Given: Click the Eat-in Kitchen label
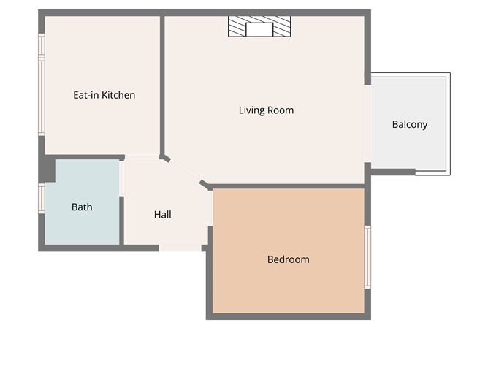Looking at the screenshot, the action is [104, 95].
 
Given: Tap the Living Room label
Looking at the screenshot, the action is [266, 110].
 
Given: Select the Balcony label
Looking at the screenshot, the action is [410, 124].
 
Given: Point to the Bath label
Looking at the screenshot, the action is [82, 207].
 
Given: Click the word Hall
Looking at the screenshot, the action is [162, 215].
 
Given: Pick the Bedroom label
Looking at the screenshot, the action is [289, 259].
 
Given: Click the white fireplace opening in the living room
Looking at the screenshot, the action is [259, 29].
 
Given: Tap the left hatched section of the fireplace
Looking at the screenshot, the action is [237, 26].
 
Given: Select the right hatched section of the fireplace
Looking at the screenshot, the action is [282, 26].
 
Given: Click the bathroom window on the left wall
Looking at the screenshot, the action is [42, 198].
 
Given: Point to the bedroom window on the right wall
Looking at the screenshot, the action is [367, 256].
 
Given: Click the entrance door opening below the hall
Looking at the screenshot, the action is [180, 248].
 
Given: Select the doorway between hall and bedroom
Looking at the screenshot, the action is [210, 208].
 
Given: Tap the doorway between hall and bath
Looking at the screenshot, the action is [121, 178].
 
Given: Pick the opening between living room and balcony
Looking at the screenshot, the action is [368, 123].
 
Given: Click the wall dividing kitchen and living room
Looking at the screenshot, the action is [162, 86].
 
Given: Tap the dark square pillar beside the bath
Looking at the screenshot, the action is [47, 169].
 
